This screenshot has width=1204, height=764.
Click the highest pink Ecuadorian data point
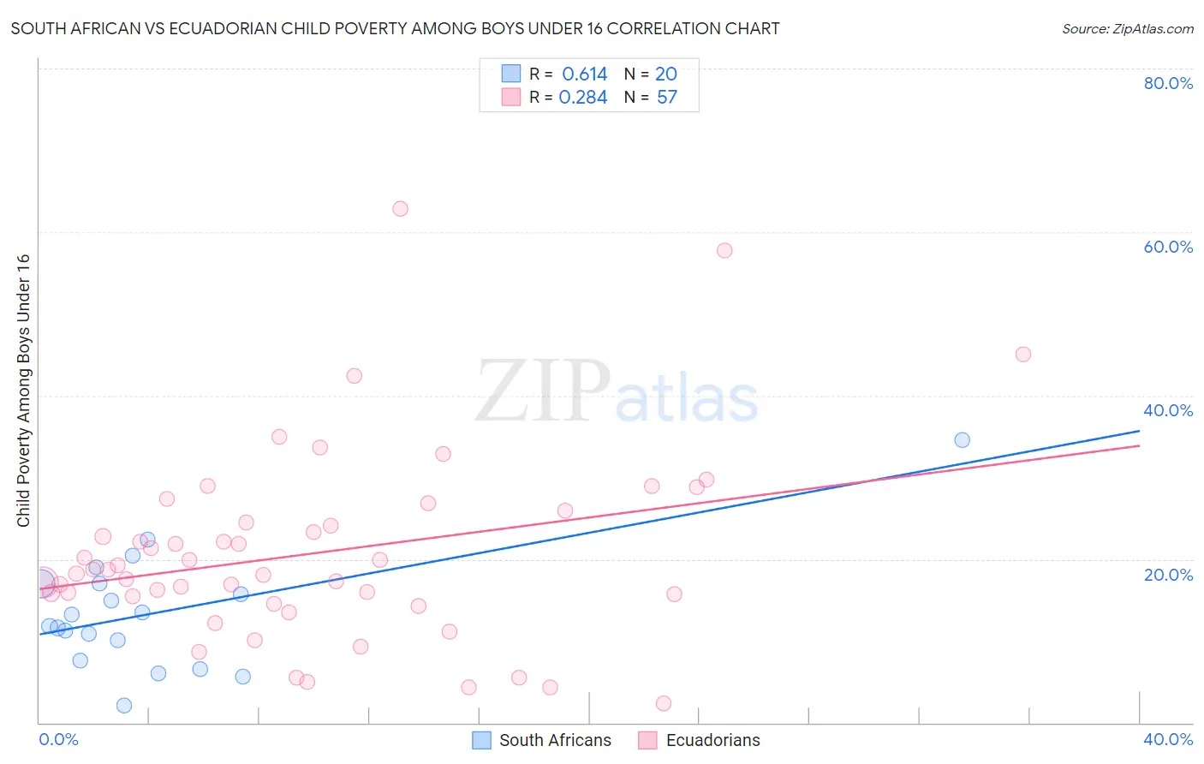[x=400, y=209]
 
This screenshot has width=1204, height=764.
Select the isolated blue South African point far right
[x=962, y=440]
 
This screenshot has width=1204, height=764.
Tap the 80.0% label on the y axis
[x=1168, y=83]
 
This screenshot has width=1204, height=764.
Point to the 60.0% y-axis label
[x=1168, y=247]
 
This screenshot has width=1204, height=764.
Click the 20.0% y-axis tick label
[x=1168, y=575]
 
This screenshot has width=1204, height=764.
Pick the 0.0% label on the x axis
[x=58, y=739]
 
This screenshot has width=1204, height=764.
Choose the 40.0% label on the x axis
[x=1168, y=739]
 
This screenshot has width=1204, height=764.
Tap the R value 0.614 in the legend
[x=584, y=75]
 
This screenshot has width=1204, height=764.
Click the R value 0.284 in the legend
[x=582, y=98]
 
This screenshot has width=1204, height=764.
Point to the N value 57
[x=666, y=98]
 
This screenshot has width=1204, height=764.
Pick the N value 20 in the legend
[x=665, y=75]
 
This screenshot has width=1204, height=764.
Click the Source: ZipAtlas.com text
[x=1127, y=29]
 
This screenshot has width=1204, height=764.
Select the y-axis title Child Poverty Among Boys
[x=24, y=391]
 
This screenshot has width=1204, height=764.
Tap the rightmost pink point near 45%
[x=1022, y=355]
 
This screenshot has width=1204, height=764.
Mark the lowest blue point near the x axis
[x=124, y=706]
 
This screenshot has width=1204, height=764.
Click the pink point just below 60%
[x=724, y=251]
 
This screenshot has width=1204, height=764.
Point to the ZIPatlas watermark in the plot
[x=617, y=392]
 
